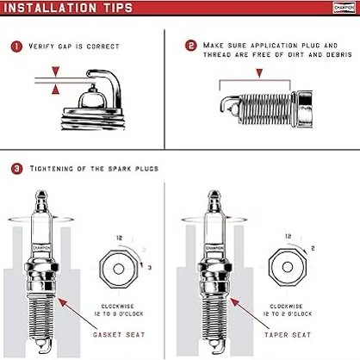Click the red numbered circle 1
(16, 47)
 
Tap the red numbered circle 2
(191, 46)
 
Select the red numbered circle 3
(16, 169)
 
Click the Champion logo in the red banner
(344, 8)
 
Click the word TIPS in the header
(118, 8)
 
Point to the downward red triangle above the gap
(55, 71)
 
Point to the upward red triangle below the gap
(55, 90)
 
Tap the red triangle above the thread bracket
(259, 73)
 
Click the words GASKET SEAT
(119, 335)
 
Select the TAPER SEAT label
(288, 335)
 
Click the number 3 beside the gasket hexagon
(150, 268)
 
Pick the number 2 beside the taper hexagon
(313, 248)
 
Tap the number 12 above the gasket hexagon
(119, 238)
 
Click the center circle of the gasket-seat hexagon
(118, 270)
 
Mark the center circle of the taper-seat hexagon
(288, 267)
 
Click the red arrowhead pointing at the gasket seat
(62, 302)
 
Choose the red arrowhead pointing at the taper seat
(234, 302)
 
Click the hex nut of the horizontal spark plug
(304, 109)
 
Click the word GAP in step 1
(65, 47)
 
